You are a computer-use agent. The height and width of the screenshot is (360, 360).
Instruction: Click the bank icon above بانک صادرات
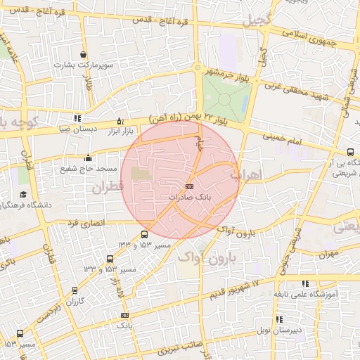click(x=189, y=186)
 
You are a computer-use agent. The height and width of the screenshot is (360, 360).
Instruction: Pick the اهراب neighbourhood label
click(x=250, y=174)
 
